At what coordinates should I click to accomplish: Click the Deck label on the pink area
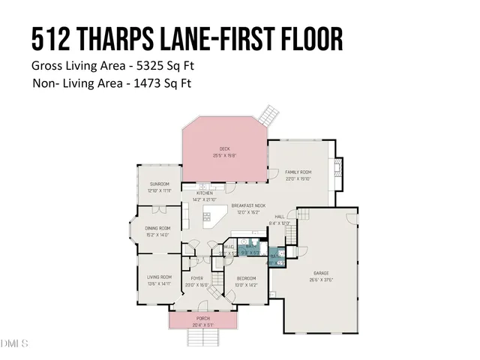coord(224,148)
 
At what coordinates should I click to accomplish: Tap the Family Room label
coord(298,172)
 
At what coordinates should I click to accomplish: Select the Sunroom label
coord(159,184)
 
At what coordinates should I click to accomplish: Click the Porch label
coord(202,318)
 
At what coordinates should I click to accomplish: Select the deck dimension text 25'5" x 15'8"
coord(224,155)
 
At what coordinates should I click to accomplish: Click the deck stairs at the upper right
coord(268,115)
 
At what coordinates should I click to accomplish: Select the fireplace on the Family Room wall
coord(340,166)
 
